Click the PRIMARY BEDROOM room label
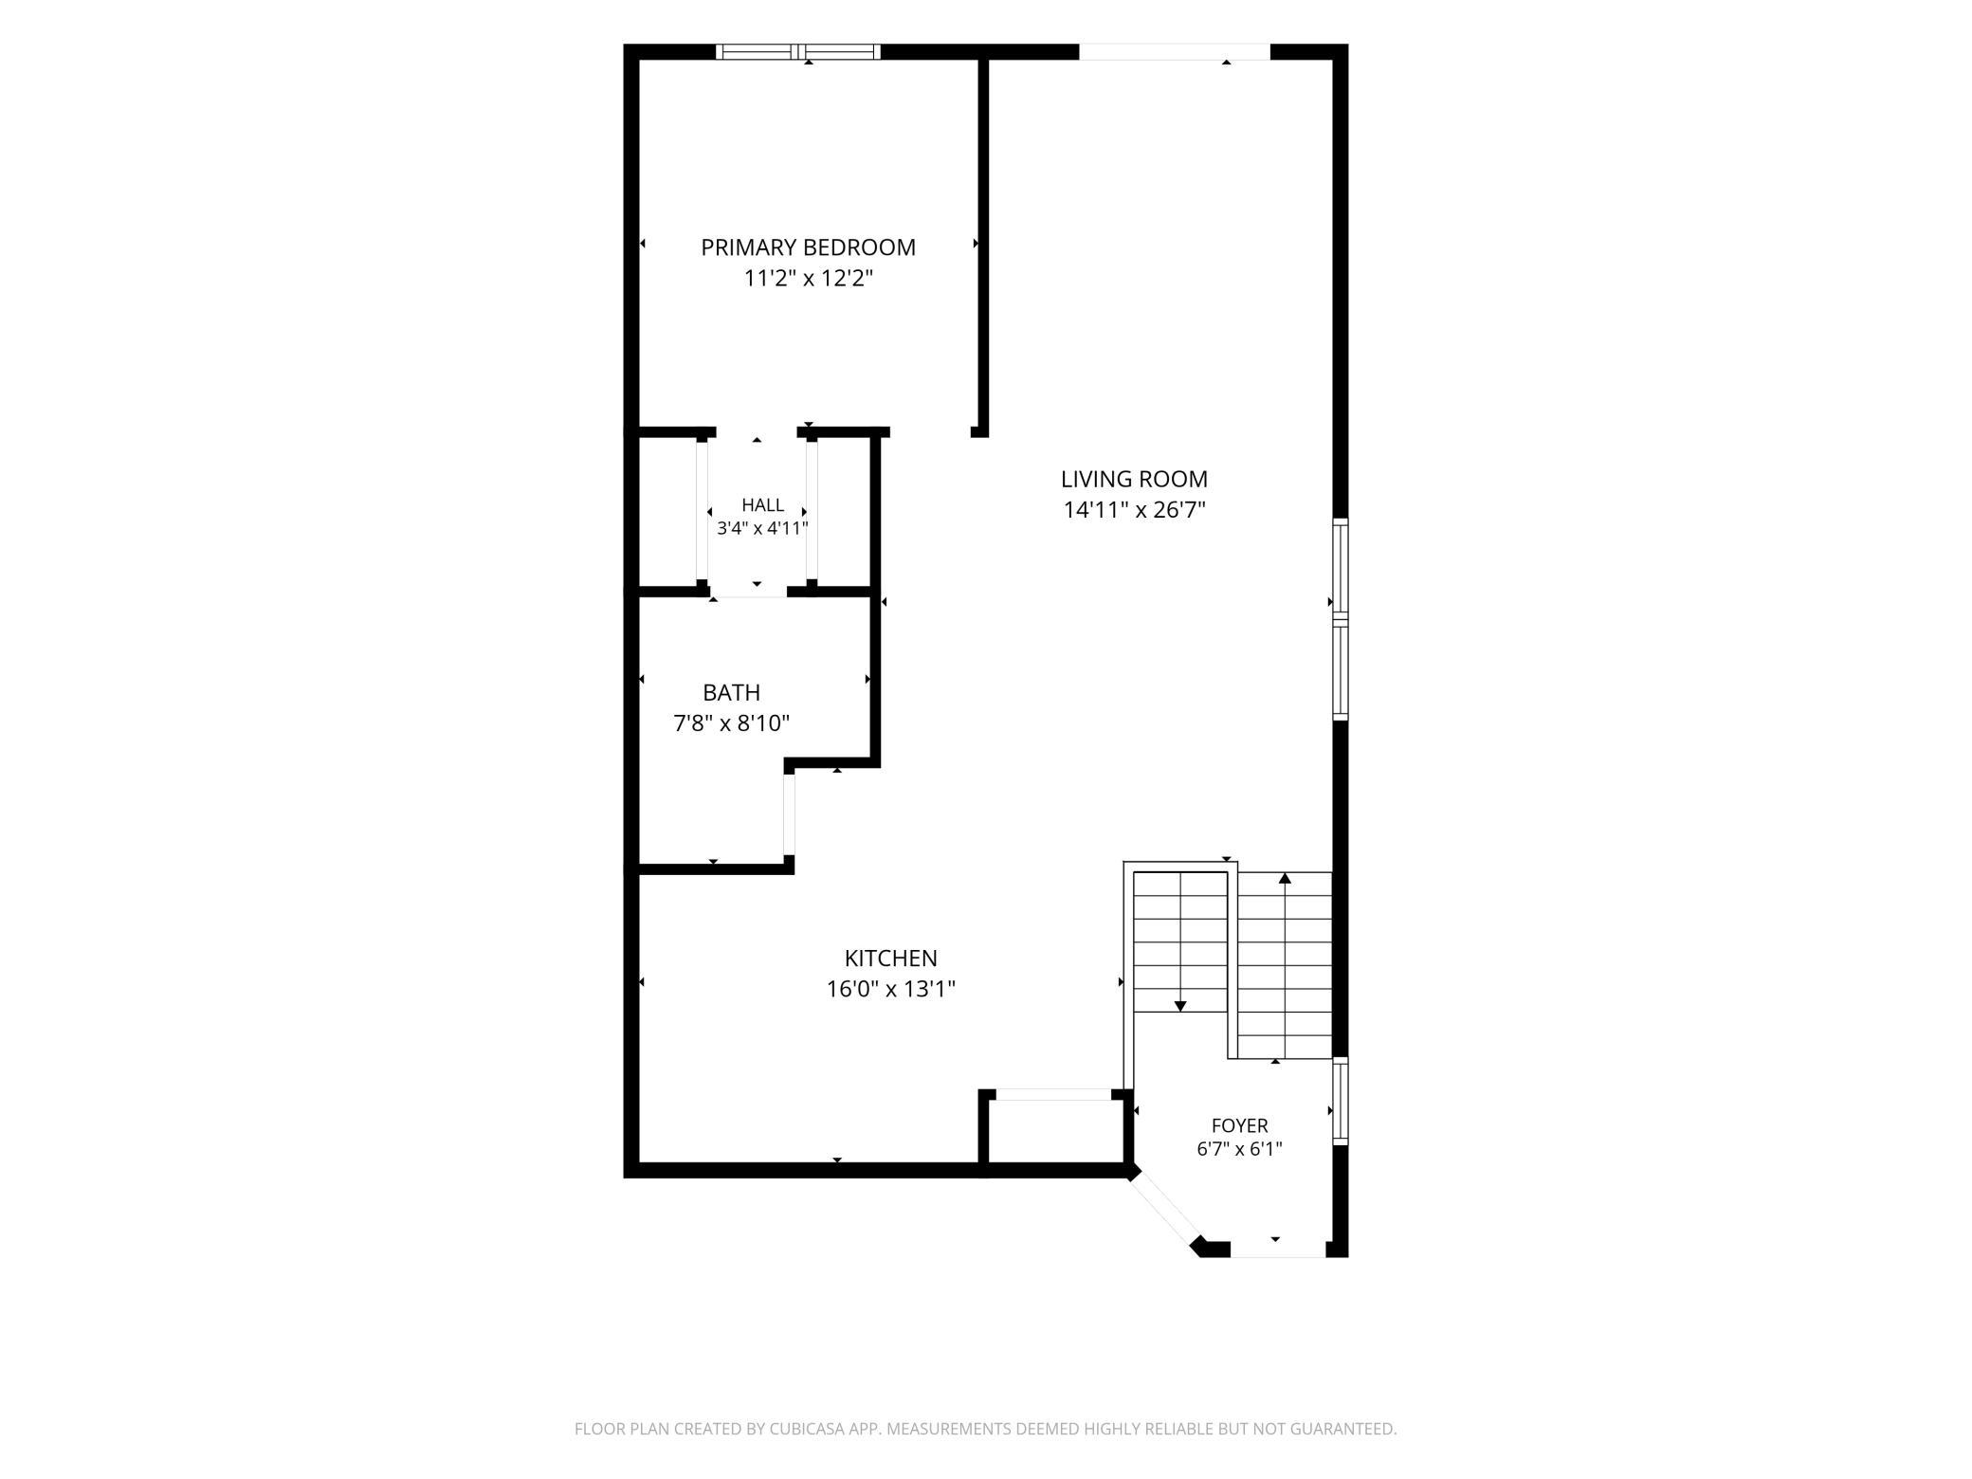808,247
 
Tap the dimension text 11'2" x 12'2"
808,279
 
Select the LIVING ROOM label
1134,479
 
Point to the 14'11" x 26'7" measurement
1134,510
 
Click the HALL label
762,505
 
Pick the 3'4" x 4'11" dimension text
762,528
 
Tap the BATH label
731,692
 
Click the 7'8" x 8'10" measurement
731,723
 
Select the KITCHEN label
890,958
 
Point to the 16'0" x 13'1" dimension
890,989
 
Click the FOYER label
1239,1125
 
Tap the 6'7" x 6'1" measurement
1239,1149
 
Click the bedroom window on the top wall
798,52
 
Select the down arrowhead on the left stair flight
1180,1006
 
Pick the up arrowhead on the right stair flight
1285,878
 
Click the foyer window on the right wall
1341,1101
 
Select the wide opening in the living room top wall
1175,52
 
